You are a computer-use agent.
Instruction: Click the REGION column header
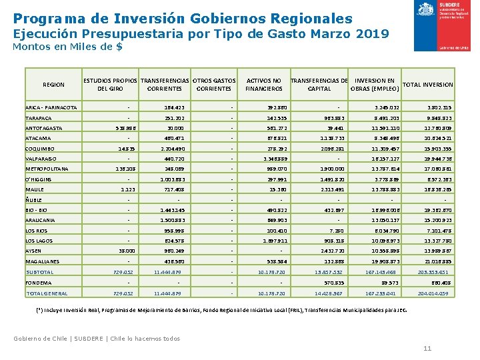(53, 85)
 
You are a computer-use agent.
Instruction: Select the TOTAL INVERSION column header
(428, 85)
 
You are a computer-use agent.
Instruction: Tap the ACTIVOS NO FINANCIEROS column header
(263, 85)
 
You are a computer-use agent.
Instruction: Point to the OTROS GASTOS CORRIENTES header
(214, 85)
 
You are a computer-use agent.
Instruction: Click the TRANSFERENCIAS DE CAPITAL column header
(319, 85)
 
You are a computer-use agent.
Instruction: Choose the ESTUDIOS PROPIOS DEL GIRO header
(110, 85)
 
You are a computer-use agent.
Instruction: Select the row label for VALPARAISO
(42, 159)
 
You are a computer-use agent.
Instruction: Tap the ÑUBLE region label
(33, 201)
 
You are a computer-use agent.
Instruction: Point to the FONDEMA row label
(39, 283)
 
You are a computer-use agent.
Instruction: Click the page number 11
(427, 349)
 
